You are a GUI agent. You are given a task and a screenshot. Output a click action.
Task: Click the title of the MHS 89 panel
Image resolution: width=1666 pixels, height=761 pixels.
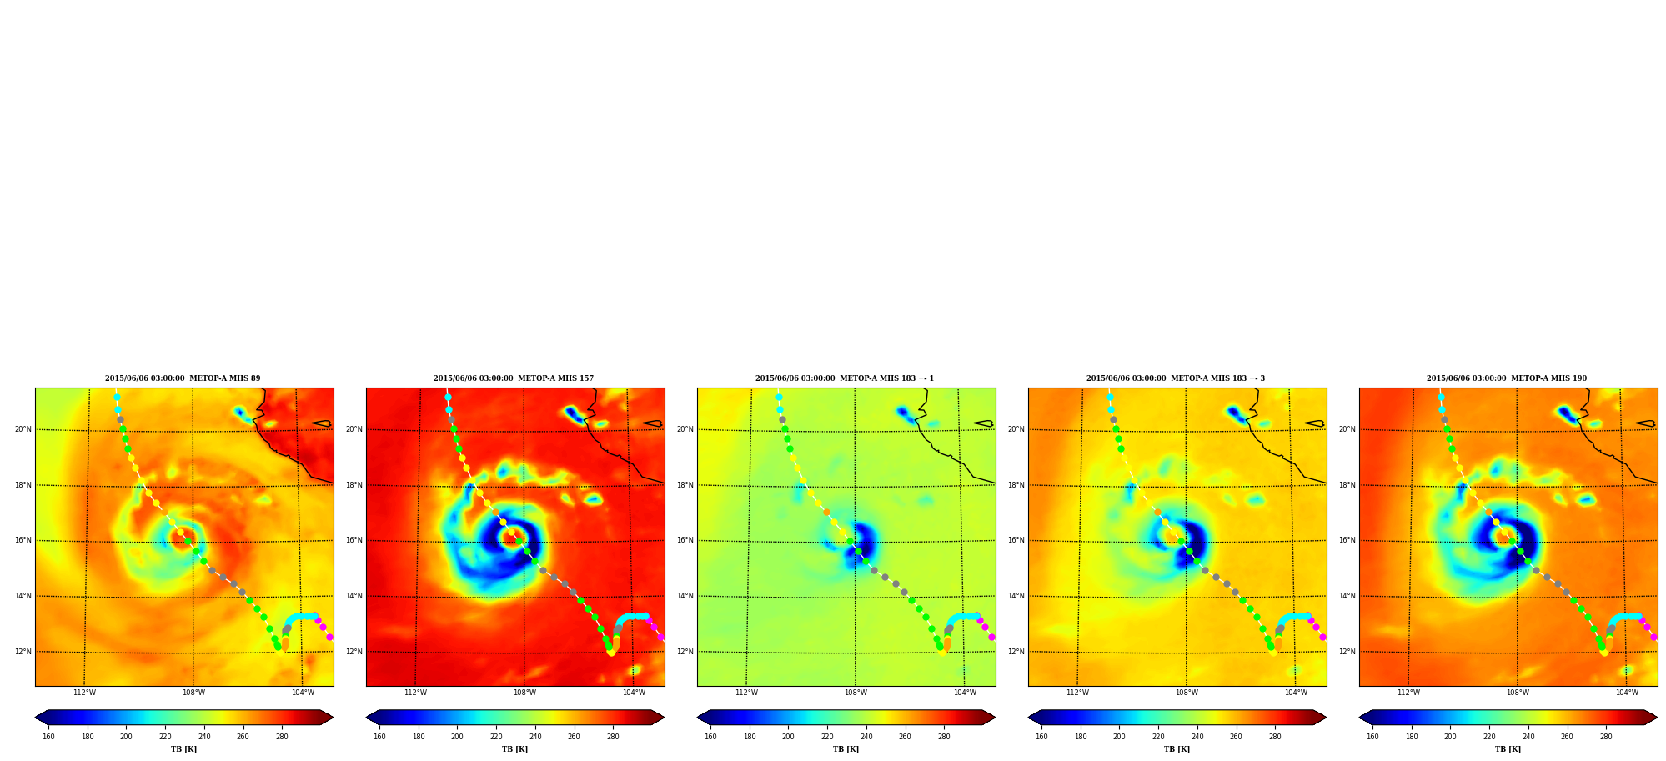click(183, 378)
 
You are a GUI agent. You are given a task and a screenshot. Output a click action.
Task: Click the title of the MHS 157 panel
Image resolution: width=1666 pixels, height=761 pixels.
click(514, 378)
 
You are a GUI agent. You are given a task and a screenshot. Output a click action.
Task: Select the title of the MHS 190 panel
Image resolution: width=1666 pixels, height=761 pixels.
click(1507, 378)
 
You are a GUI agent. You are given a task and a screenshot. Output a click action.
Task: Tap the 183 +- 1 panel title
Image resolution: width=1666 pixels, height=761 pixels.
click(845, 378)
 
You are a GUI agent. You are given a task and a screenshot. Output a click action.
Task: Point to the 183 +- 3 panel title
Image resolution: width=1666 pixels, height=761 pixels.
click(1176, 378)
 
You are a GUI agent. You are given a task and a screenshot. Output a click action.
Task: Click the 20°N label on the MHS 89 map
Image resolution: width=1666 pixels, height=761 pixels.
click(23, 430)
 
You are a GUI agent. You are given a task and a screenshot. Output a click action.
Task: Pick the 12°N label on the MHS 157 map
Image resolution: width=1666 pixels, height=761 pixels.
click(354, 652)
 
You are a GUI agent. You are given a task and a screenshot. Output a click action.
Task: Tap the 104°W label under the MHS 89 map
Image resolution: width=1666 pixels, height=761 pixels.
click(303, 693)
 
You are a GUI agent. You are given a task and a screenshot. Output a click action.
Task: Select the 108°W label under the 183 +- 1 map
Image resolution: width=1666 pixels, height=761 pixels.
click(856, 693)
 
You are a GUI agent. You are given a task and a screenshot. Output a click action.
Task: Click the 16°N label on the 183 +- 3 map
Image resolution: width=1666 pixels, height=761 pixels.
click(1016, 540)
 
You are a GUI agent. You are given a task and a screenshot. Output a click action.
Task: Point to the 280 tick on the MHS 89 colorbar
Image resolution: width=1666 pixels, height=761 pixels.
click(282, 737)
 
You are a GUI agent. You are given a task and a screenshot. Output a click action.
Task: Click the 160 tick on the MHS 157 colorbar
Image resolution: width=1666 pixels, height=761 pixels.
click(379, 737)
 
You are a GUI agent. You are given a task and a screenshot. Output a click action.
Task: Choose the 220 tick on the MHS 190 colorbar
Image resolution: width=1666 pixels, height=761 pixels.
click(1489, 737)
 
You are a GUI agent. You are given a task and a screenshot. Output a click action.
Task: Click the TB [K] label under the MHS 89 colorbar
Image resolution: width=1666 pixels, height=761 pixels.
click(184, 749)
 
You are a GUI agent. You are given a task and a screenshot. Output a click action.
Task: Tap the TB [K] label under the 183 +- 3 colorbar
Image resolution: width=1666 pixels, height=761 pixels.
click(1177, 749)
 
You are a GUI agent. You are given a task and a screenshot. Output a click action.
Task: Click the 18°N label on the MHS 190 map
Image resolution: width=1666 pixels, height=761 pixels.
click(1347, 485)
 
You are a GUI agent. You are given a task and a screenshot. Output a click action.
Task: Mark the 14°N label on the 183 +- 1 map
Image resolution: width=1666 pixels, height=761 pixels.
click(685, 596)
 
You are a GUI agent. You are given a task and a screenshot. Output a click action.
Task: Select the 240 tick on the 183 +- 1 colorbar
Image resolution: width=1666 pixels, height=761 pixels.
click(866, 737)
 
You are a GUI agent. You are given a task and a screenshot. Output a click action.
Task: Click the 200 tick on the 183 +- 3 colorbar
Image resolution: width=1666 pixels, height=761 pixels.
click(1119, 737)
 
